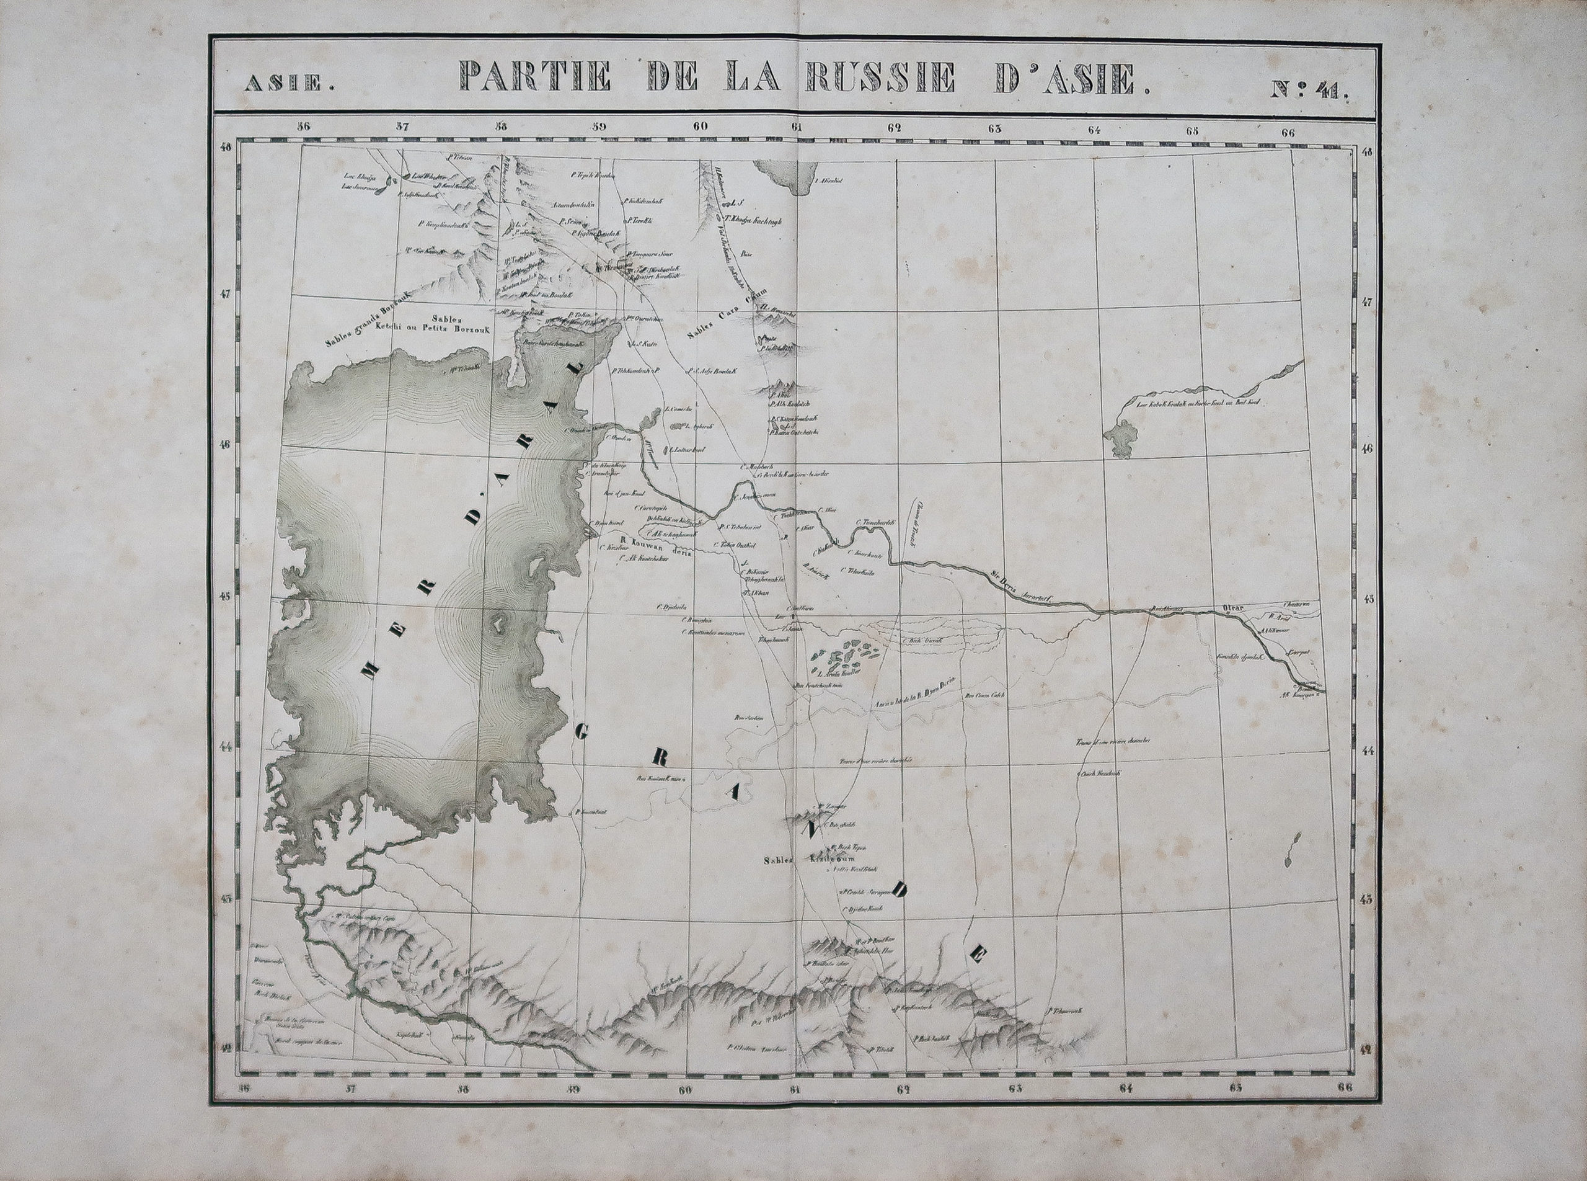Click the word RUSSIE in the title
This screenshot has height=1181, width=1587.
tap(878, 78)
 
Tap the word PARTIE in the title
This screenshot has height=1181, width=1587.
tap(533, 79)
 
